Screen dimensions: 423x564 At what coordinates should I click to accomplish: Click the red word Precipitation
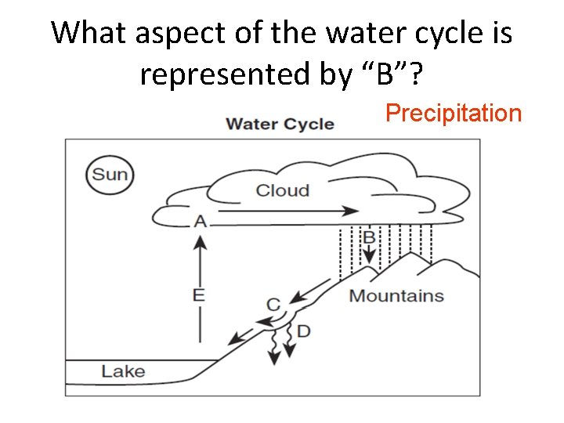454,114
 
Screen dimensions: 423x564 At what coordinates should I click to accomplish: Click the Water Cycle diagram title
280,124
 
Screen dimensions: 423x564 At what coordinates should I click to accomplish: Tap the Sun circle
110,174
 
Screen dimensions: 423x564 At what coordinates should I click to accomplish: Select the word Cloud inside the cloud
283,190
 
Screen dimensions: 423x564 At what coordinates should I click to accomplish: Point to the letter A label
201,222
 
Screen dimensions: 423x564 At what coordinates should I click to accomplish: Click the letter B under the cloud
368,237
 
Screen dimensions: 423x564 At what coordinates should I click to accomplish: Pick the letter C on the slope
273,303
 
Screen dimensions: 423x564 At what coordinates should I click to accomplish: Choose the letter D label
303,331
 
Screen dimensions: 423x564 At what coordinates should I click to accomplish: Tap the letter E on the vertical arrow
199,295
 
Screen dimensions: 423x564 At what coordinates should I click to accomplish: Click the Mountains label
396,296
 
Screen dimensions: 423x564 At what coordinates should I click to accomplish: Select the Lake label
123,371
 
